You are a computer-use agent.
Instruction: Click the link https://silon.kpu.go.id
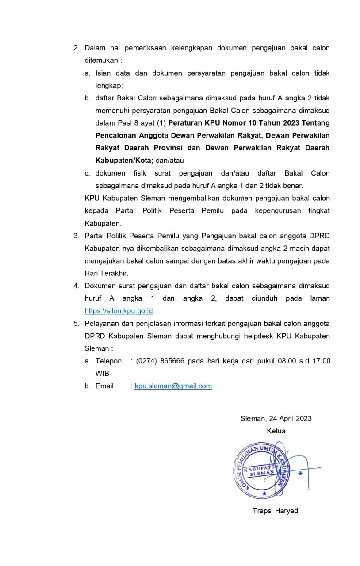pos(119,311)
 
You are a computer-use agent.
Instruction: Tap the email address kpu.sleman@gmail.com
pos(173,386)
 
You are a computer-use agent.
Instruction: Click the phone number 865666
pos(173,361)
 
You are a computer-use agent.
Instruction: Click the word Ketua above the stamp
pos(276,431)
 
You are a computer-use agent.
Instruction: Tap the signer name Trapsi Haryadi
pos(276,511)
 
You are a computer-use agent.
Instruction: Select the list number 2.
pos(76,48)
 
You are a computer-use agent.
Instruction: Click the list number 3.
pos(76,236)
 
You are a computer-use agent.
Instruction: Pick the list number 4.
pos(76,286)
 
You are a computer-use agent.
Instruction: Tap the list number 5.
pos(76,324)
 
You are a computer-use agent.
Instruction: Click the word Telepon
pos(108,361)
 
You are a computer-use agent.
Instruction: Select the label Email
pos(104,386)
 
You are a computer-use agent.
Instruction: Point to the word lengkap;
pos(109,86)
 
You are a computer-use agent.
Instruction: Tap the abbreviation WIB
pos(102,374)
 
